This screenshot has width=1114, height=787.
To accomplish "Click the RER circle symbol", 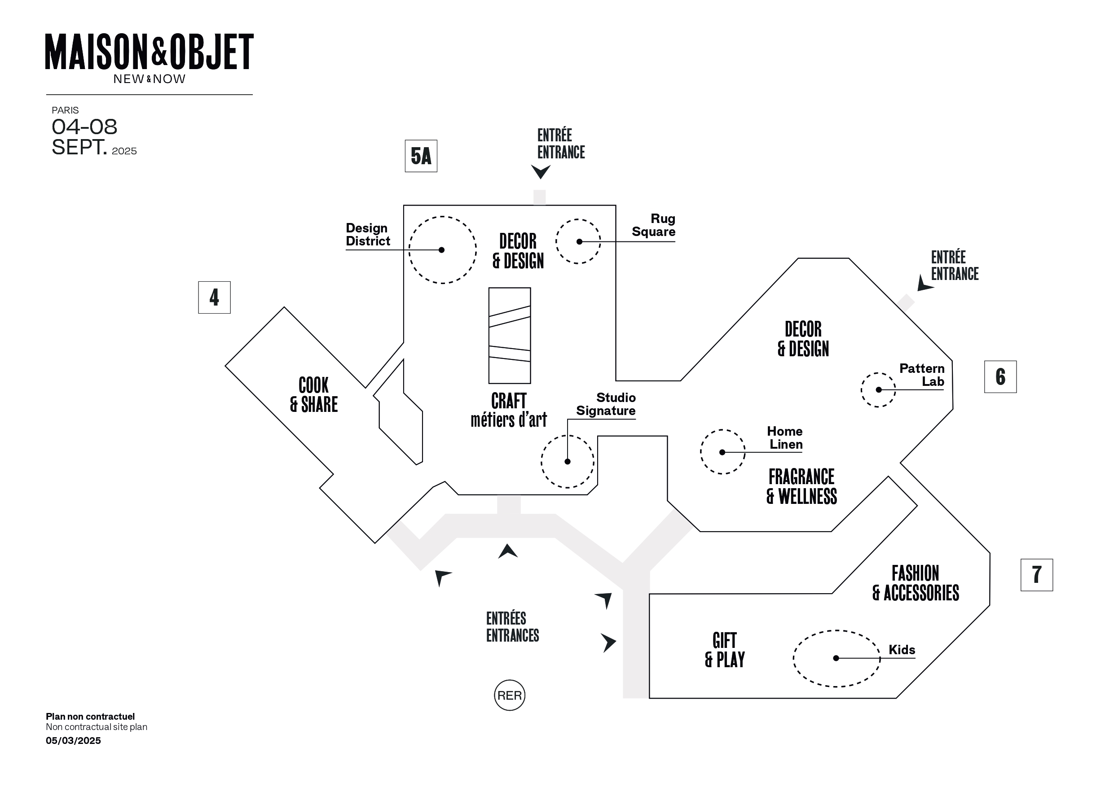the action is [x=510, y=695].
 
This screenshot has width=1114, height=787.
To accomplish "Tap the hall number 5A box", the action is [x=421, y=156].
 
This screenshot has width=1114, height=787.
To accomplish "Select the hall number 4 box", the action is [x=215, y=297].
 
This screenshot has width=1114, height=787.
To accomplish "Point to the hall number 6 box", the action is [x=1000, y=377].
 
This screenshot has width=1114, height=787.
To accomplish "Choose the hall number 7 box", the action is [x=1037, y=575].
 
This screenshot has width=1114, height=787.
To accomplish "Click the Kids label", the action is [x=902, y=650].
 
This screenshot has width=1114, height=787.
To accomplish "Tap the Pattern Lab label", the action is [x=922, y=375].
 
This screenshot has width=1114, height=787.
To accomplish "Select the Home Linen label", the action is [x=785, y=438].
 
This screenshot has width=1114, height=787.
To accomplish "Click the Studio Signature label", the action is [x=606, y=404].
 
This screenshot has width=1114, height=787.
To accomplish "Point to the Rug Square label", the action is [x=654, y=225].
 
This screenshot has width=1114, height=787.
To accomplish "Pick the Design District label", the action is [x=368, y=234].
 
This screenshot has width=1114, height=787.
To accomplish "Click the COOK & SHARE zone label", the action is [x=314, y=395].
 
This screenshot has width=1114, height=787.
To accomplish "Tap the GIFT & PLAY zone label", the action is [x=725, y=650].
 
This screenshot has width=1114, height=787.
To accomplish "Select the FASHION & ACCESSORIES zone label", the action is [x=916, y=583].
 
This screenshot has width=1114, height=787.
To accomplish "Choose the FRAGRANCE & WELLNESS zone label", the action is [x=801, y=486].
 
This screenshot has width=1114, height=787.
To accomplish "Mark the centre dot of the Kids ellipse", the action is [x=836, y=658].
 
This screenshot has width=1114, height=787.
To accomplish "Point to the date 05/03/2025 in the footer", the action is [x=73, y=740].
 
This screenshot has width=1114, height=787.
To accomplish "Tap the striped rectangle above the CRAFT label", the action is [x=510, y=336].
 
